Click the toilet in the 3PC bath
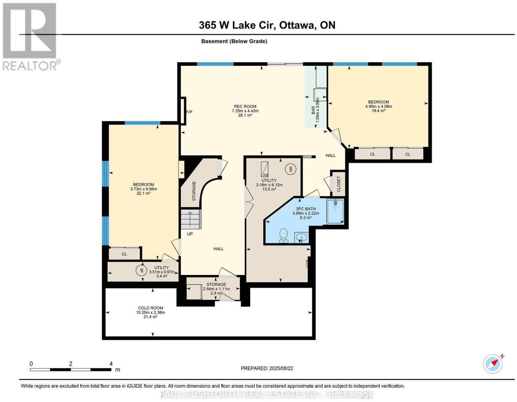(x=283, y=236)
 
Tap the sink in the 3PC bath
(x=301, y=237)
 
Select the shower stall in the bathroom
(x=335, y=212)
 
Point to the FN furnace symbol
(x=265, y=169)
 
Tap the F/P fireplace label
(x=189, y=112)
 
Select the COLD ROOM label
(x=151, y=308)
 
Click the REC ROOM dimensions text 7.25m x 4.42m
(x=245, y=111)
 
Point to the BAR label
(x=313, y=110)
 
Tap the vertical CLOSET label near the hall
(x=339, y=184)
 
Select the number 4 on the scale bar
(x=111, y=364)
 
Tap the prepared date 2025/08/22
(x=281, y=368)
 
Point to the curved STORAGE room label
(x=194, y=191)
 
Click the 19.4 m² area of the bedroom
(x=378, y=111)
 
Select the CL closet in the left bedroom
(x=124, y=254)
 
